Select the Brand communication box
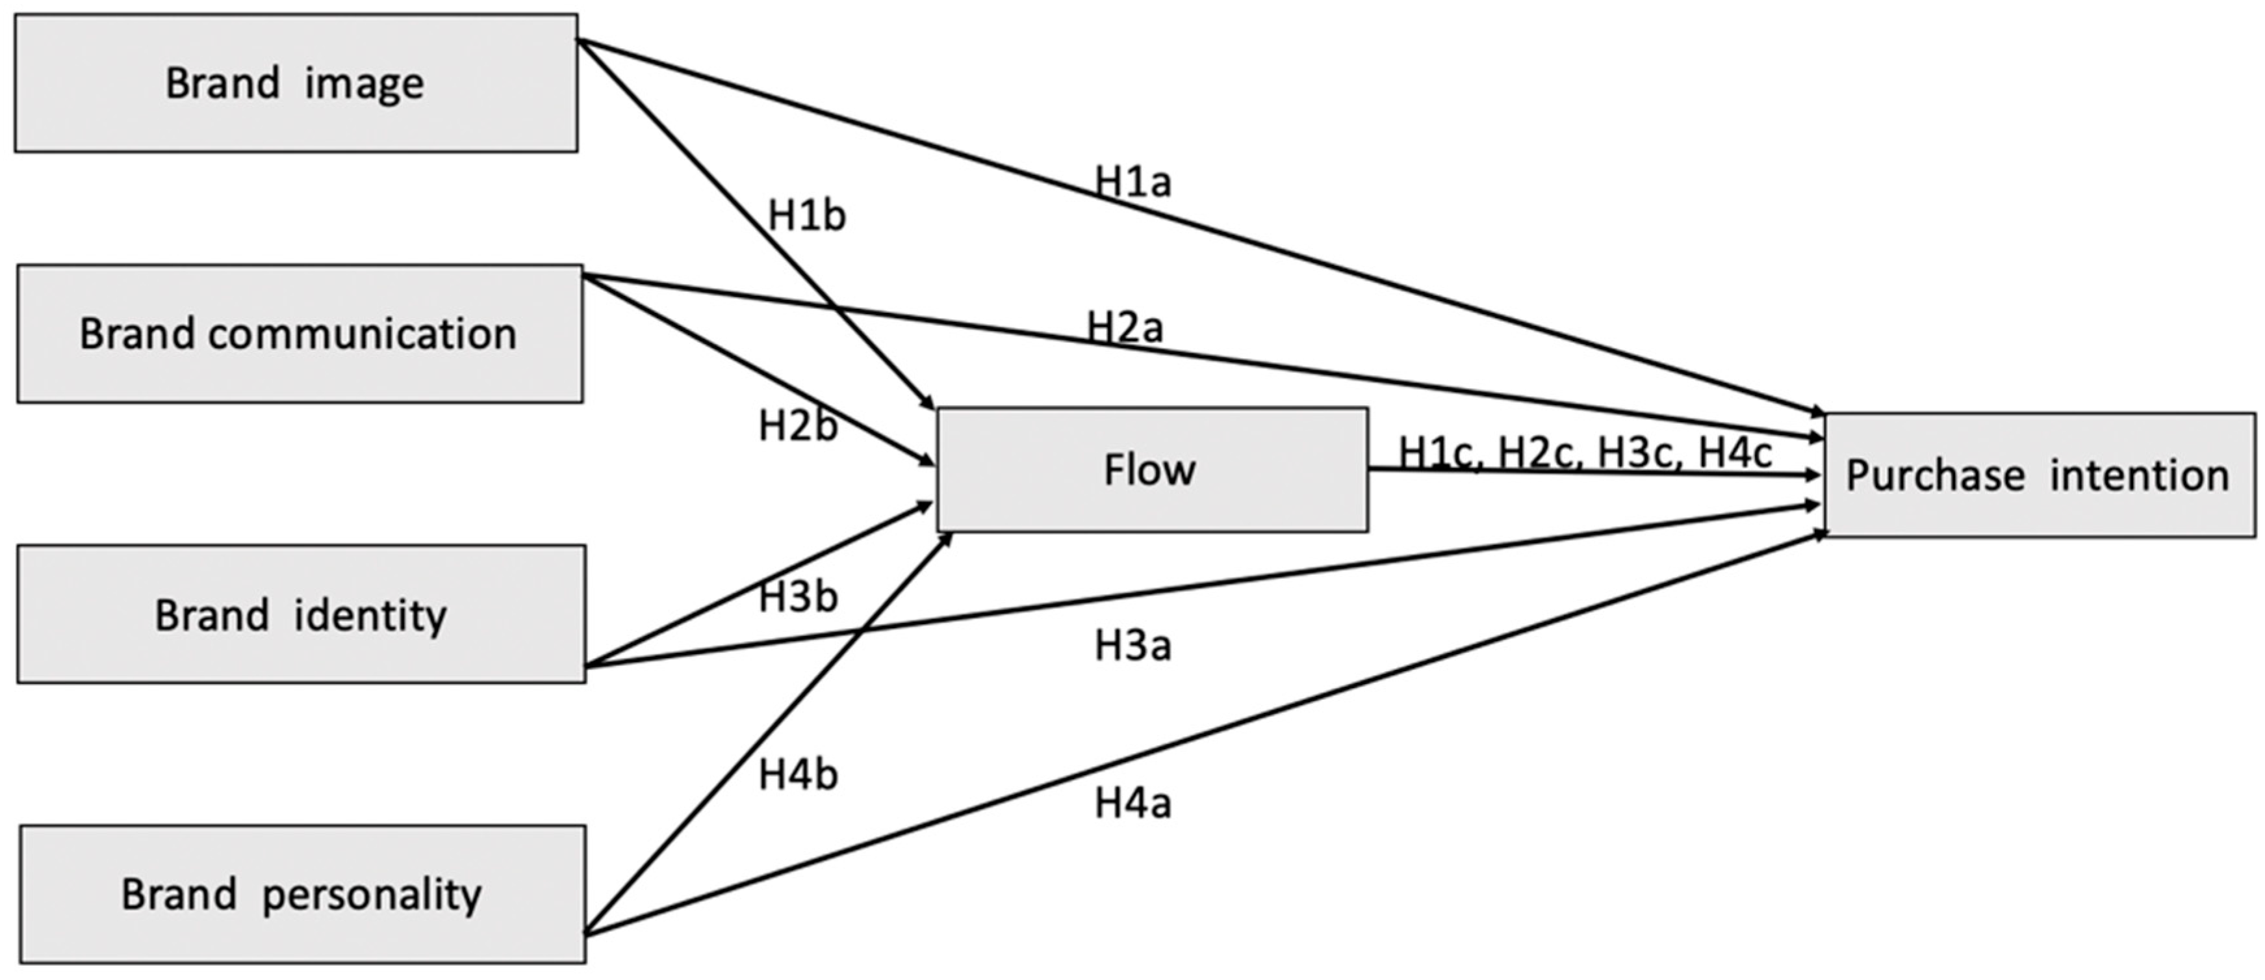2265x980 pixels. [299, 334]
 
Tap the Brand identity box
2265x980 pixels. [301, 614]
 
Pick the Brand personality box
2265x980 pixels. [303, 894]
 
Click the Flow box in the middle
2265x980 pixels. [1152, 470]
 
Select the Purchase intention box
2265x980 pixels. [2038, 475]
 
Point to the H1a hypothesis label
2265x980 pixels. [1132, 182]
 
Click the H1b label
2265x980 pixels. [806, 215]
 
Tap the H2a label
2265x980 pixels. [1125, 327]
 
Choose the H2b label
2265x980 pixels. [797, 426]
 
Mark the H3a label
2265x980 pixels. [1132, 646]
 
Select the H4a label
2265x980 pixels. [1132, 803]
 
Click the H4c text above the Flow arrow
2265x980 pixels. [1734, 453]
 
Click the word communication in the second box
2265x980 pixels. [363, 334]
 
